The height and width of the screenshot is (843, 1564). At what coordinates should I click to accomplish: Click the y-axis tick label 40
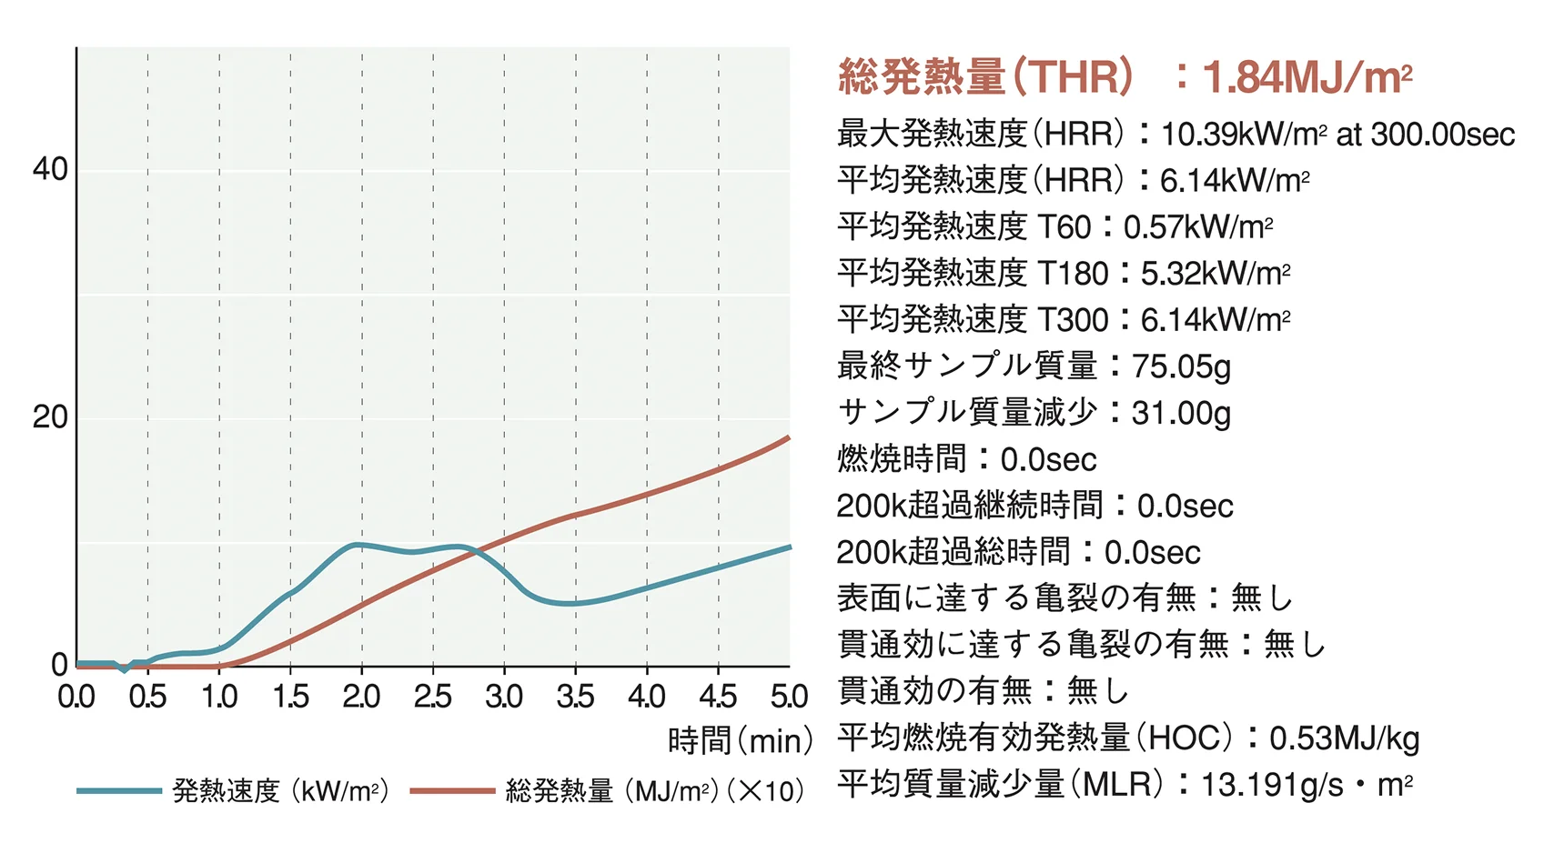coord(49,169)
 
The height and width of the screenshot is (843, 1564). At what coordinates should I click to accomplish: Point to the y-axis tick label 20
coord(49,417)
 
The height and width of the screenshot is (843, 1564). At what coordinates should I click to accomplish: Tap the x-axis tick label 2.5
coord(433,697)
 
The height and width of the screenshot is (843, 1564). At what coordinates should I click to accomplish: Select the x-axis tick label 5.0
coord(788,697)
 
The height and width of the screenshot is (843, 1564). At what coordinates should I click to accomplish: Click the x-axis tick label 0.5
coord(147,697)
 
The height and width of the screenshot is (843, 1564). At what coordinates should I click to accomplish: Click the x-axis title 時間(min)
coord(740,741)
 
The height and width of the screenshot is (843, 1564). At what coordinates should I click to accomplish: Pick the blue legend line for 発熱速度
coord(118,791)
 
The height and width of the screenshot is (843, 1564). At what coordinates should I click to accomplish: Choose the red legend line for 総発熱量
coord(452,791)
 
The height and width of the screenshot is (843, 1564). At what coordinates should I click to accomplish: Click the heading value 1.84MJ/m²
coord(1307,77)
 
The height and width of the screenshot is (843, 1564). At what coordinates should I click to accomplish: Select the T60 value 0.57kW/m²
coord(1197,227)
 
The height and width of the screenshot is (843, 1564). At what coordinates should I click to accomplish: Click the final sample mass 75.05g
coord(1181,366)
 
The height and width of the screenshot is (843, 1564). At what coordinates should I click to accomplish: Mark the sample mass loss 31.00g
coord(1181,413)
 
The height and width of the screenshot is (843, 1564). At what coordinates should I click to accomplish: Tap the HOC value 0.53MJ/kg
coord(1344,738)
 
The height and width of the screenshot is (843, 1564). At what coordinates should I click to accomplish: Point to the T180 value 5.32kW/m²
coord(1215,274)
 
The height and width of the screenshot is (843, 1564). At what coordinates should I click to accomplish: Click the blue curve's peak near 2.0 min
coord(358,545)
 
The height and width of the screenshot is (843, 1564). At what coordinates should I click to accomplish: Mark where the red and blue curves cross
coord(473,549)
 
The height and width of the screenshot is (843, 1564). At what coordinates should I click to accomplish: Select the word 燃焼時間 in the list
coord(902,459)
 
